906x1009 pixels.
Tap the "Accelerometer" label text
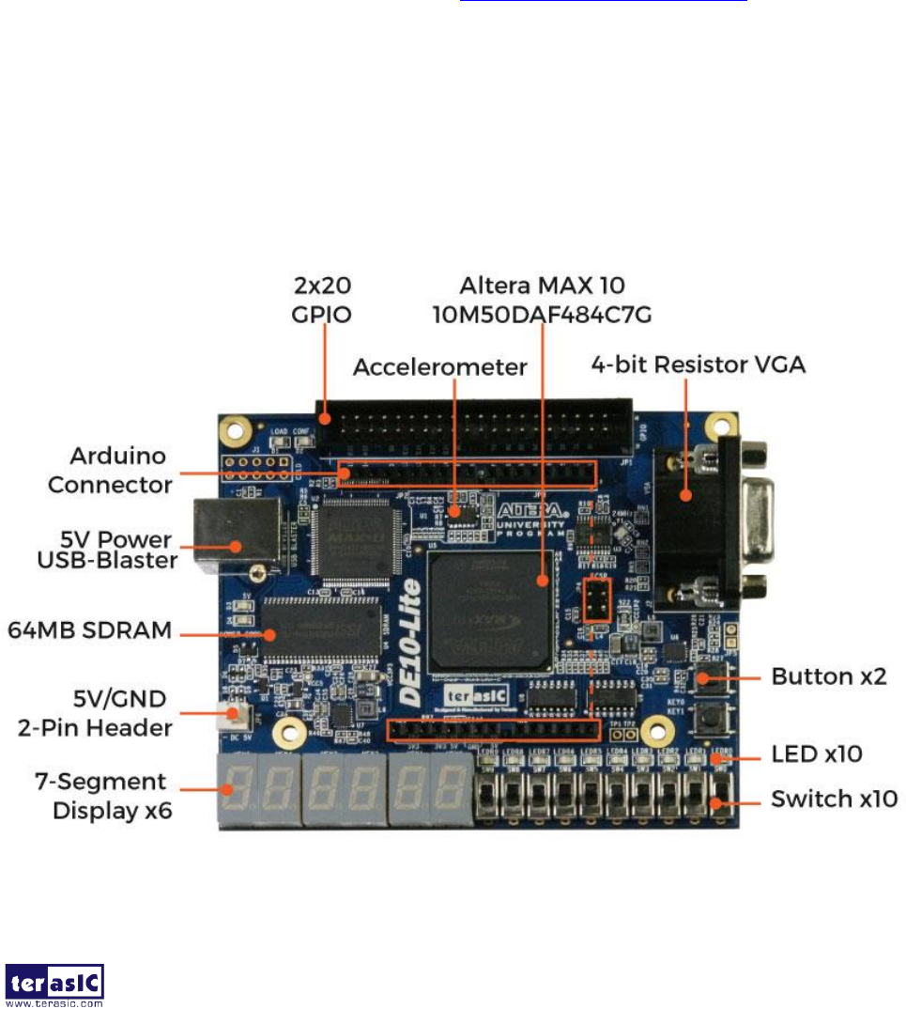click(x=440, y=367)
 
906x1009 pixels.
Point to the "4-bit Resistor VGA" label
click(x=698, y=365)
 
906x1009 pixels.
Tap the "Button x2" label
click(x=829, y=676)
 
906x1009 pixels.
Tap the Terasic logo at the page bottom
click(x=54, y=984)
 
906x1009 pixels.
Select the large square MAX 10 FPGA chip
click(x=488, y=611)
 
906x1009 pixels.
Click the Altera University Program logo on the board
click(x=531, y=518)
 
